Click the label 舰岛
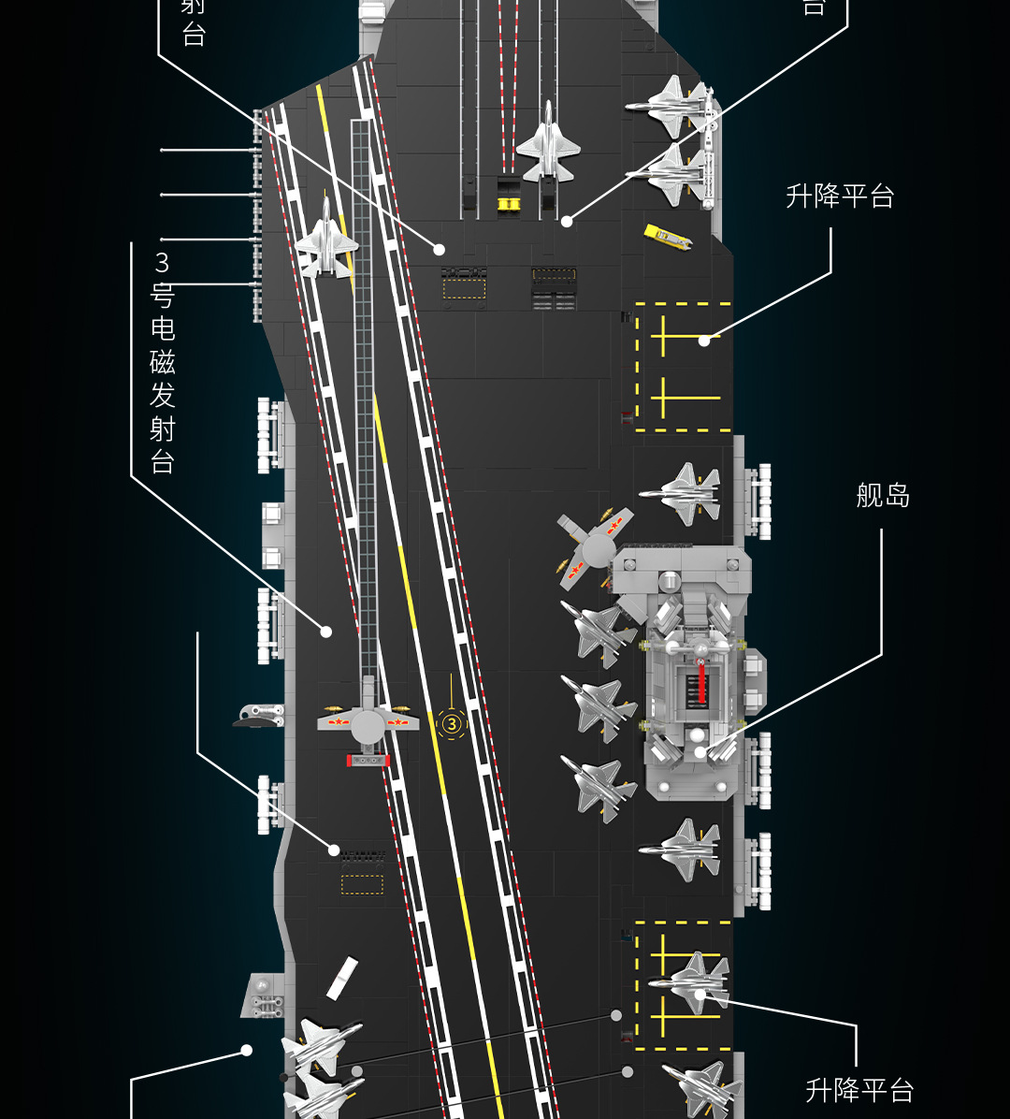882,495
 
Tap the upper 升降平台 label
840,196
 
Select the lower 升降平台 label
858,1090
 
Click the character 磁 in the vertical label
163,362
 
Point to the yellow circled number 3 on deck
452,723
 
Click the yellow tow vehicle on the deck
668,235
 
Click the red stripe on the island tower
700,684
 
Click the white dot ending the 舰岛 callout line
700,750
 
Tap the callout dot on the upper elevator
703,341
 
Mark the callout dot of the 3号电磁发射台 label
326,632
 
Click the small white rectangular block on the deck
341,979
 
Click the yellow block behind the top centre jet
508,203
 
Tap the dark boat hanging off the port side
258,716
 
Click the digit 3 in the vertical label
163,262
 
